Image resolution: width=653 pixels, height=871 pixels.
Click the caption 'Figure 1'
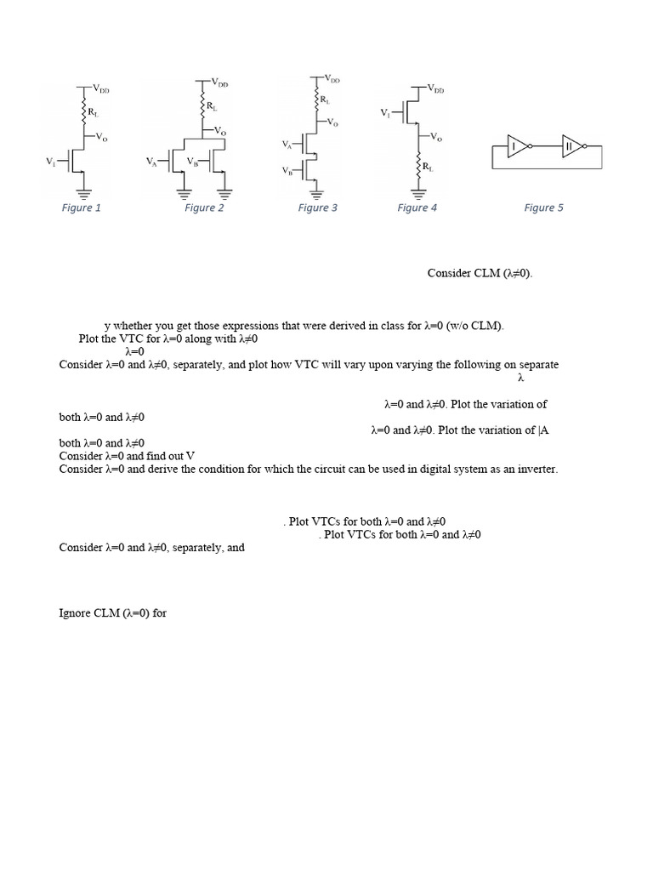[x=82, y=208]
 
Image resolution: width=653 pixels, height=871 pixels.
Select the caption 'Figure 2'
[x=204, y=208]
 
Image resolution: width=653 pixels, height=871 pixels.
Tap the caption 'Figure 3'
[x=318, y=208]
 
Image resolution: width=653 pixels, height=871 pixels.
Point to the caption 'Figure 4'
[x=417, y=208]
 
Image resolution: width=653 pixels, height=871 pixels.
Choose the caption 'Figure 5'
[x=543, y=208]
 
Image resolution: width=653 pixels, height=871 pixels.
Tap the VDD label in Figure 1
[x=100, y=88]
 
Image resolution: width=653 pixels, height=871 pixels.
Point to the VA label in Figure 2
[x=151, y=160]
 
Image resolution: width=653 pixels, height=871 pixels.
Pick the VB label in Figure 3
[x=287, y=170]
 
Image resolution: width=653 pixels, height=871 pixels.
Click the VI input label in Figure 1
[x=50, y=160]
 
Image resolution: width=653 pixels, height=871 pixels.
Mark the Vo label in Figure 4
[x=435, y=135]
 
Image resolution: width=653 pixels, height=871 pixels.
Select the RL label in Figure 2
[x=212, y=106]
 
